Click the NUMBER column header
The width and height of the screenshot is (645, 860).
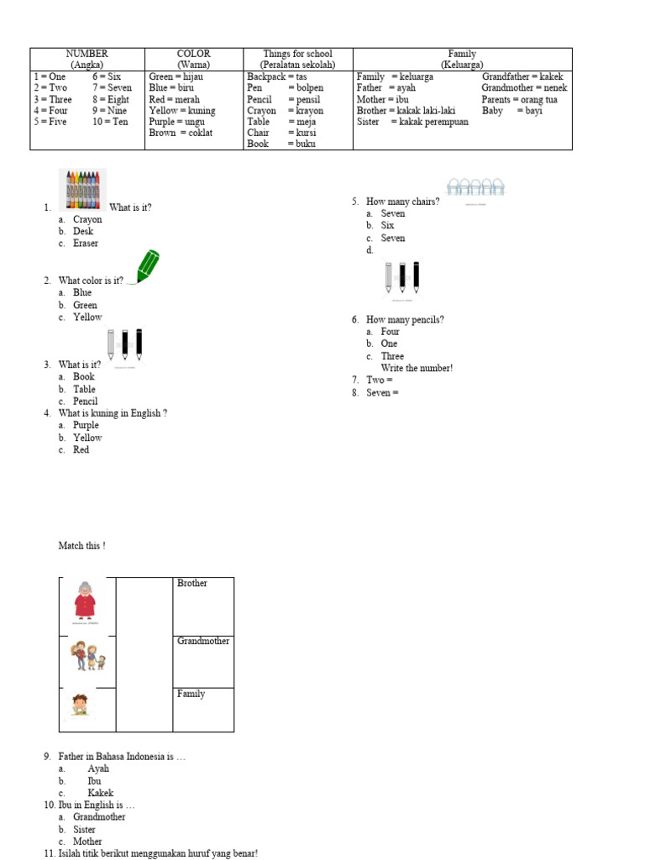[87, 54]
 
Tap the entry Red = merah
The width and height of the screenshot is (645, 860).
[174, 99]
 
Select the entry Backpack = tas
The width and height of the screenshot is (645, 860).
[276, 76]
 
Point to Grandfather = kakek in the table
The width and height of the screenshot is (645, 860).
[522, 76]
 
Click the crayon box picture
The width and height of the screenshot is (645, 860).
[82, 190]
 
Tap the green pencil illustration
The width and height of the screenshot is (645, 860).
[147, 266]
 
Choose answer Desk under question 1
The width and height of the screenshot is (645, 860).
[83, 231]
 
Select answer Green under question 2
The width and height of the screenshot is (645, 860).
[85, 305]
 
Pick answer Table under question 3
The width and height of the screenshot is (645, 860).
[84, 389]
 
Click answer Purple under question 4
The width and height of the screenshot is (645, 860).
[86, 426]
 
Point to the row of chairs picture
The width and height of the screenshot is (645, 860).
[475, 188]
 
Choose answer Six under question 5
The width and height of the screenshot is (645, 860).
[387, 225]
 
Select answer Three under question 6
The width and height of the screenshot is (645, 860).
[392, 356]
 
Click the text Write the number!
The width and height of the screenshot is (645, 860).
[417, 368]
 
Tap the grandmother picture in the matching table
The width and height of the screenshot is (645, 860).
[85, 602]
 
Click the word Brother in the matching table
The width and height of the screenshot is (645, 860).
[192, 583]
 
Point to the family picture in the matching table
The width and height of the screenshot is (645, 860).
[87, 655]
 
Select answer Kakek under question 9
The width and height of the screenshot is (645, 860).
[100, 793]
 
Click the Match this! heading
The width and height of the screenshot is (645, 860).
[81, 546]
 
